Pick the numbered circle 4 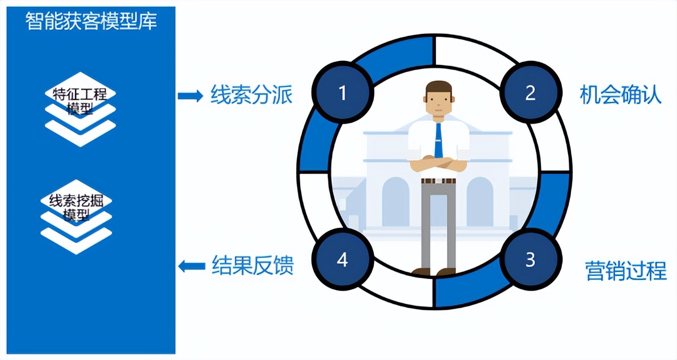point(343,260)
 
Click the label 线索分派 point(251,95)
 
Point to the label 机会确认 point(620,95)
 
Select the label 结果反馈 point(252,265)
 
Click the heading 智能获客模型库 point(91,22)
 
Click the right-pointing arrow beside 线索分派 point(190,96)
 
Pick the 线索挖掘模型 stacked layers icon point(76,216)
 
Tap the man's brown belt point(438,181)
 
